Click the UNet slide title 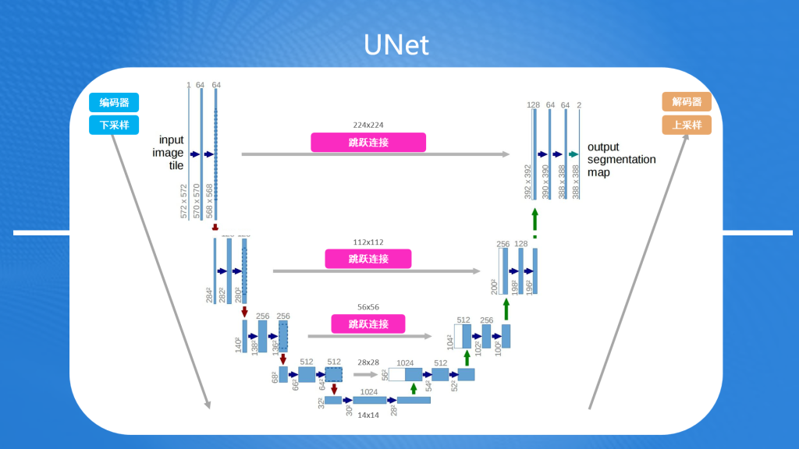coord(396,44)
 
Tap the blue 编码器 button coord(114,103)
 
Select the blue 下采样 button coord(114,125)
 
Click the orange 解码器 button coord(687,102)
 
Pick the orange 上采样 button coord(687,125)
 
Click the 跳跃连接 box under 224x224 coord(368,143)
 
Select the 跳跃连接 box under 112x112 coord(368,259)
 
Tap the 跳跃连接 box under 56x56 coord(368,323)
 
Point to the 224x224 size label coord(368,125)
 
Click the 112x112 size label coord(368,242)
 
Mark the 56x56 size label coord(368,307)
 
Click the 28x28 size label coord(368,362)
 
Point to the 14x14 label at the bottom coord(368,415)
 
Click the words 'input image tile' coord(171,153)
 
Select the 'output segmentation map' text coord(621,159)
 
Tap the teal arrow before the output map coord(574,154)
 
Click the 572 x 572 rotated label coord(184,201)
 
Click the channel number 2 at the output coord(579,105)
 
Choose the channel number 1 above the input coord(188,85)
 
